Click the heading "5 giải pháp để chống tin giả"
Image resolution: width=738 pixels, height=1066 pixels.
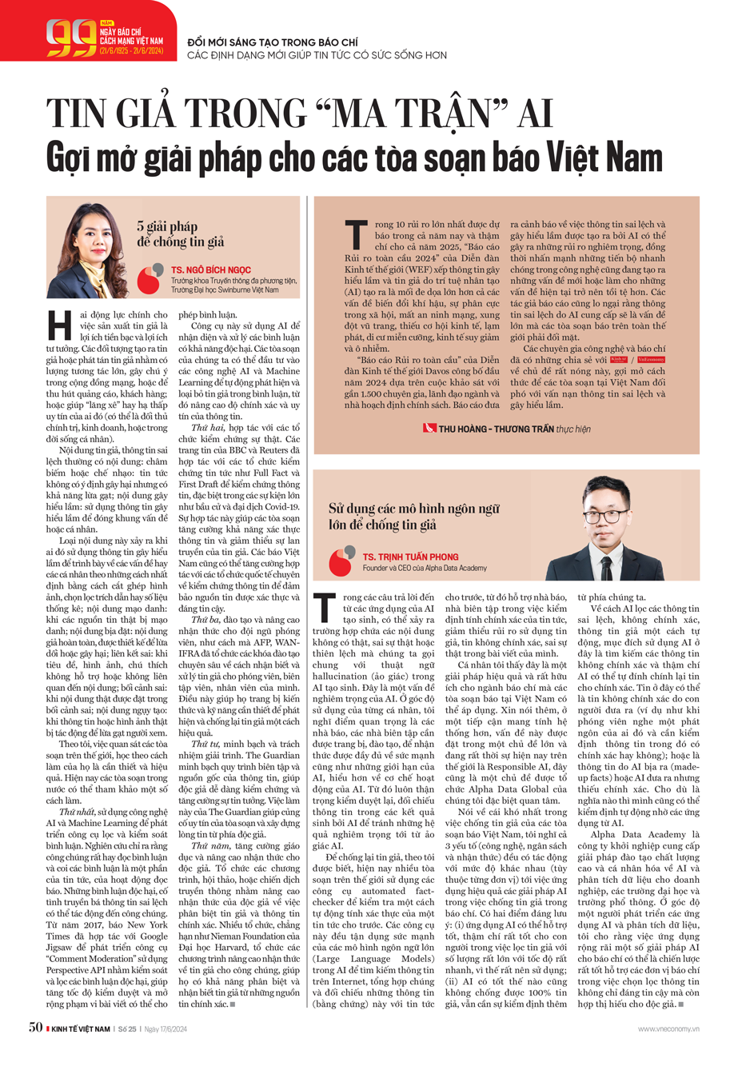(x=180, y=234)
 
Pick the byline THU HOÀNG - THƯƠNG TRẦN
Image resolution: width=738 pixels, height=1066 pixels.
(x=497, y=429)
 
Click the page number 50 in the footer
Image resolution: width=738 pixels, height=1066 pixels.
(x=35, y=1028)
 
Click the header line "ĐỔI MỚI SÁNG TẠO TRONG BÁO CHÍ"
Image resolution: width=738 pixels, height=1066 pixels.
(x=273, y=42)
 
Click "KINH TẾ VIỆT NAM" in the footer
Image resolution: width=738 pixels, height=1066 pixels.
(x=81, y=1028)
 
